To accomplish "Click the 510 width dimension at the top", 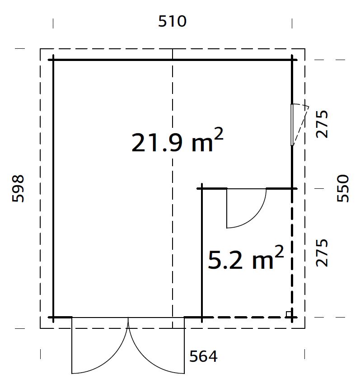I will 172,21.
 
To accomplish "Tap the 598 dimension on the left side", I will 18,188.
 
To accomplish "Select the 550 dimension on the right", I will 343,188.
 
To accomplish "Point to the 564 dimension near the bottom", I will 203,356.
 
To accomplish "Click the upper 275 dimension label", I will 322,124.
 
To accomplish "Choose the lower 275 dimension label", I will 322,253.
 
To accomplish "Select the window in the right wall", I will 293,125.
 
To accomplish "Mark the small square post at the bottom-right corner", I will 288,313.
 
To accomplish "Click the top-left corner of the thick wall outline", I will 54,60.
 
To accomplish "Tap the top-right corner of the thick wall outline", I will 292,60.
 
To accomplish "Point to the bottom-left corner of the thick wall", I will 54,317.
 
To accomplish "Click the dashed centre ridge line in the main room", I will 173,226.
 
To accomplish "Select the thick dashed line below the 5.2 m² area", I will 246,317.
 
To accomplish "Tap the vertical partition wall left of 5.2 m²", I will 201,253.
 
